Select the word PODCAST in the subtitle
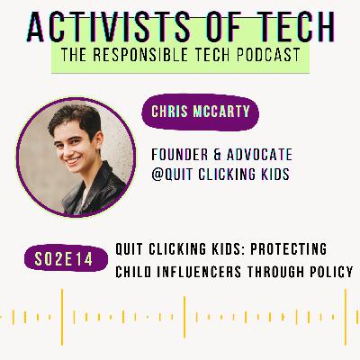click(x=268, y=55)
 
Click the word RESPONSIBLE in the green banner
click(x=140, y=55)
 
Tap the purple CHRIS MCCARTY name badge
click(x=200, y=112)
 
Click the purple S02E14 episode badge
click(x=66, y=258)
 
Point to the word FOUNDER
click(x=180, y=155)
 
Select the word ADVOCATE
click(x=259, y=155)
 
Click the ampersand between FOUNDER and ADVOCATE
click(x=218, y=155)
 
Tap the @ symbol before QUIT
click(x=157, y=175)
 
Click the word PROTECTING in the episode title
click(x=289, y=249)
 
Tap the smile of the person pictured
click(x=74, y=160)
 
